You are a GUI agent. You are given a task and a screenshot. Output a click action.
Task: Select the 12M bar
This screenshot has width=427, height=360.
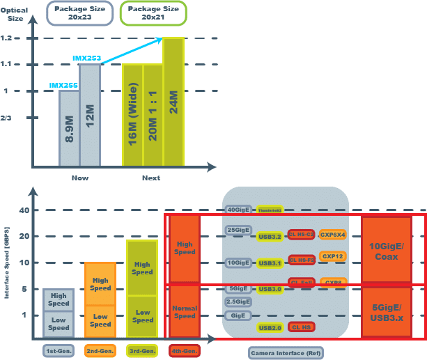click(x=90, y=115)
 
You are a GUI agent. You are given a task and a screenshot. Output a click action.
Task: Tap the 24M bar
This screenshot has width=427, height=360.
click(x=173, y=102)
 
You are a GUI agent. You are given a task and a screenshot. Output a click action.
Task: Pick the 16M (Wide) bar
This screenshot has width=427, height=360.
click(x=132, y=115)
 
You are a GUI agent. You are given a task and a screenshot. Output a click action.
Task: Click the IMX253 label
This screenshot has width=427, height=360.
click(x=86, y=58)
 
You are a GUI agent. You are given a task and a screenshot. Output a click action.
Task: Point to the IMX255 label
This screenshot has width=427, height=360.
click(x=63, y=85)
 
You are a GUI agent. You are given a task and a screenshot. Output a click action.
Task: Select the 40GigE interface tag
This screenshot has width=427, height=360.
click(x=238, y=210)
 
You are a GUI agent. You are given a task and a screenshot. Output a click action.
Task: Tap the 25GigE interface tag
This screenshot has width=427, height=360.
click(x=238, y=229)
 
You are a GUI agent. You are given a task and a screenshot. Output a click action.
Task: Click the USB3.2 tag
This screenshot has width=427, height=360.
click(x=269, y=236)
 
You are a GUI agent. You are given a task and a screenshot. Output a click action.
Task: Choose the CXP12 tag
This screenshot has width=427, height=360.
click(x=332, y=256)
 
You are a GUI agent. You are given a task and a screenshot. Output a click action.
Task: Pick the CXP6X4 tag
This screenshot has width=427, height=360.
click(x=332, y=234)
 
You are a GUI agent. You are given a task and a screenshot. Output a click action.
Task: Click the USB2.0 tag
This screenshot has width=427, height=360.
click(x=269, y=327)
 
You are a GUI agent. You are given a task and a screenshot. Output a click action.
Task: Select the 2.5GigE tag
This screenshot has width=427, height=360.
click(x=238, y=302)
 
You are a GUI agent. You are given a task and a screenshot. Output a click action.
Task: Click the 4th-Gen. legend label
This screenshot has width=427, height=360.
click(x=185, y=350)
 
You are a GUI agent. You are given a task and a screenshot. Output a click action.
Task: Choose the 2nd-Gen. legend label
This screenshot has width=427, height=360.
click(x=100, y=350)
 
